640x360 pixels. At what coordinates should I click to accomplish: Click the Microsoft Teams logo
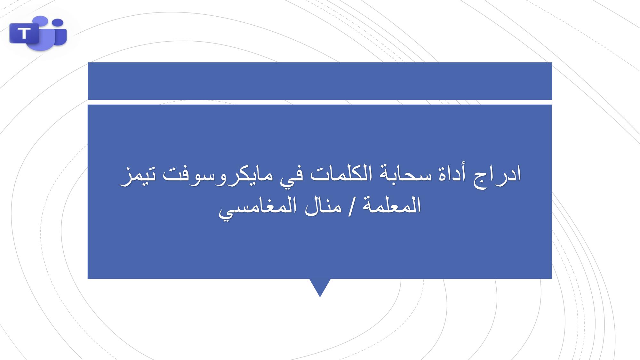[38, 33]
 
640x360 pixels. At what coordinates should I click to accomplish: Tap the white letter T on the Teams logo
[24, 33]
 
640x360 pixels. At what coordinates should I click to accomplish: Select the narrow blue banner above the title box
[320, 81]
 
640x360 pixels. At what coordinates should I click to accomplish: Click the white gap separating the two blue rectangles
[320, 102]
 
